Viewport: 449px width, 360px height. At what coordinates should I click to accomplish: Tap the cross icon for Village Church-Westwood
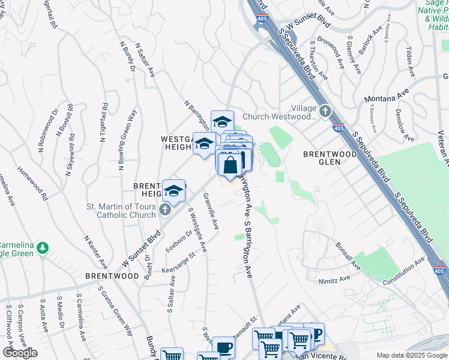325,111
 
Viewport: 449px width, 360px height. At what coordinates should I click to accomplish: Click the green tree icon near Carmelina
42,247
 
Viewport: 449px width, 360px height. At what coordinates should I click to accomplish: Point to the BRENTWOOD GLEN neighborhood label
330,158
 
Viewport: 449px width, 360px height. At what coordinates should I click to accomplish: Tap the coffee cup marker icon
224,347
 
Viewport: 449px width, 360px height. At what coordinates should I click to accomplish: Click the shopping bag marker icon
230,165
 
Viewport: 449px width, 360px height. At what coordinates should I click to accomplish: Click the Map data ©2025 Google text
411,355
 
